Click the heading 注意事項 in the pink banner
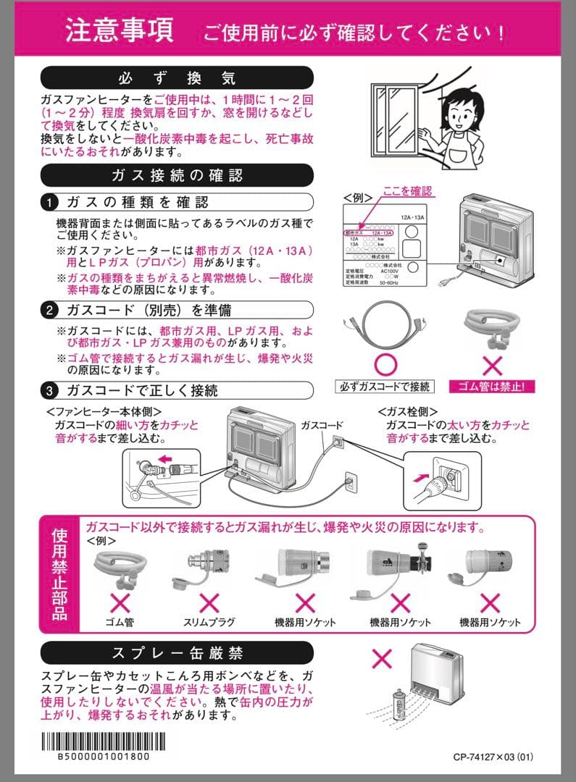(119, 30)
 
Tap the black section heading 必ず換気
(177, 77)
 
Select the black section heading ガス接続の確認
(177, 175)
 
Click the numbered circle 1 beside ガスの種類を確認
(49, 202)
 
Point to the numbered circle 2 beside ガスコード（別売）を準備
(49, 311)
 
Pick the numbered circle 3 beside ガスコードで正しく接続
(49, 391)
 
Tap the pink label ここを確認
(408, 192)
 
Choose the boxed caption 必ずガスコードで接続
(385, 386)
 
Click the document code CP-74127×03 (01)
(493, 757)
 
